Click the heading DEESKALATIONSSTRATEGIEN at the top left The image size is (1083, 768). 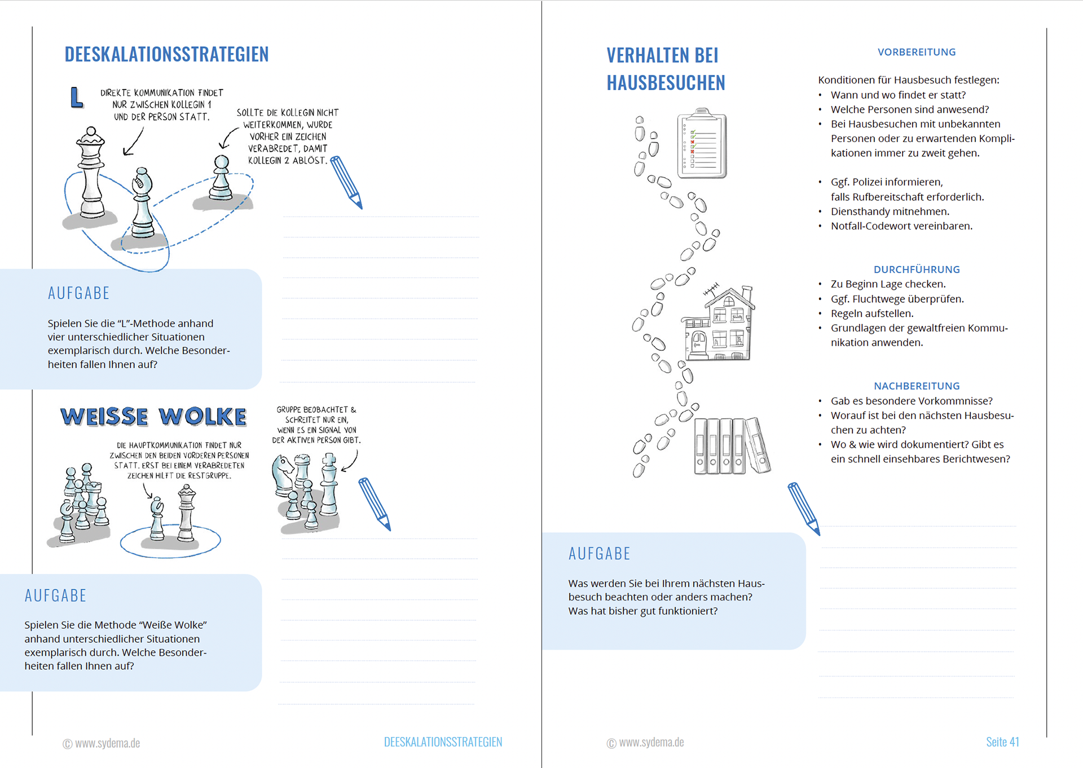tap(166, 55)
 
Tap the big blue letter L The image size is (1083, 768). tap(77, 98)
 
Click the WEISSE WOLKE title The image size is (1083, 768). tap(153, 417)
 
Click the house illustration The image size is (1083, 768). tap(718, 325)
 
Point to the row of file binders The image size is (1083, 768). tap(730, 446)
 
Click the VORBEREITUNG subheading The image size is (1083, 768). tap(916, 52)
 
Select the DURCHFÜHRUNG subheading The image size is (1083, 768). tap(916, 270)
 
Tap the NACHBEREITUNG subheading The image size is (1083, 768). tap(916, 386)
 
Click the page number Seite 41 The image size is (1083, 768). tap(1002, 742)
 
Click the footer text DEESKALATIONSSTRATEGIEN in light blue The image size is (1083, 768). tap(443, 742)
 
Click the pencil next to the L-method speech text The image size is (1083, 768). tap(346, 182)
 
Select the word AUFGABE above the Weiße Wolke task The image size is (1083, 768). tap(55, 596)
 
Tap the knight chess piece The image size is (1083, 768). tap(283, 473)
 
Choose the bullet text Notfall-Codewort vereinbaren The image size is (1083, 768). tap(901, 226)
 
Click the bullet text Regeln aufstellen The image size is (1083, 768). tap(871, 314)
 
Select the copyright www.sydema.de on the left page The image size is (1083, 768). tap(102, 743)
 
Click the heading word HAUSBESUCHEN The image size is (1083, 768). tap(666, 83)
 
